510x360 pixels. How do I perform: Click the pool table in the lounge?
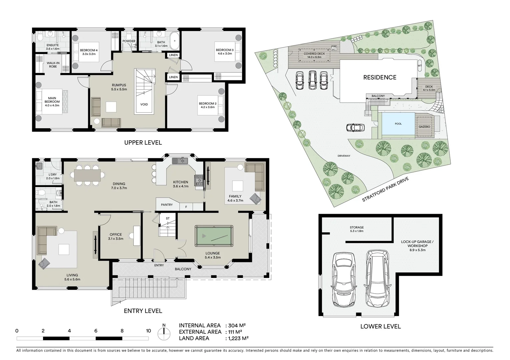[x=214, y=236]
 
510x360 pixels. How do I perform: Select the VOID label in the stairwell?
[x=144, y=104]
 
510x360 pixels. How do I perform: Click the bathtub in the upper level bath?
[x=174, y=41]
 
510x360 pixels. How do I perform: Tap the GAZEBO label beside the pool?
[x=424, y=127]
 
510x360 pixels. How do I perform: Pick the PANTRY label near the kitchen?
[x=167, y=205]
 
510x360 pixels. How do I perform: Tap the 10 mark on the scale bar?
[x=148, y=331]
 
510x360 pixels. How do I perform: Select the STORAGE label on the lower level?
[x=357, y=229]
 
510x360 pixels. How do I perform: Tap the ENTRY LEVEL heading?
[x=143, y=311]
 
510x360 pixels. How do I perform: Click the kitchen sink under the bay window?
[x=180, y=161]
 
